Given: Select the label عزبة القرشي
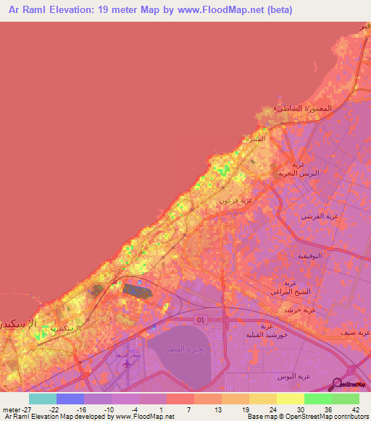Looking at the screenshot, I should pyautogui.click(x=321, y=216).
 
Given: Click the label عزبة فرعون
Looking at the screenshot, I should pyautogui.click(x=257, y=200).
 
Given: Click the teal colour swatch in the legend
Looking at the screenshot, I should pyautogui.click(x=43, y=399).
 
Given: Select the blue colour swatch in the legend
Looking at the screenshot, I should pyautogui.click(x=70, y=399).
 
